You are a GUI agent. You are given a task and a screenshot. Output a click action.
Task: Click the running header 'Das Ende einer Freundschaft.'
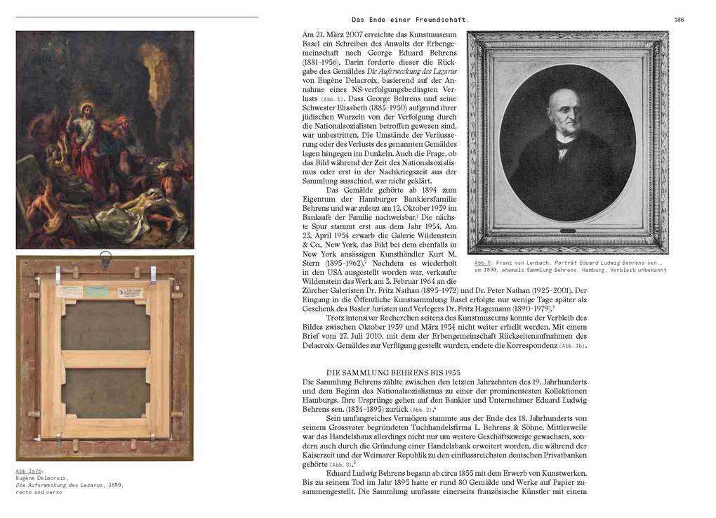[410, 20]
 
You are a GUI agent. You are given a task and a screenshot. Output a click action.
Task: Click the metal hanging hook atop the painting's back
[105, 258]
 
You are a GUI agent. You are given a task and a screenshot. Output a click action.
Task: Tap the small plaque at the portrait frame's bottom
[567, 231]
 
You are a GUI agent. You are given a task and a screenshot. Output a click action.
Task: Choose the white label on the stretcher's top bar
[70, 291]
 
